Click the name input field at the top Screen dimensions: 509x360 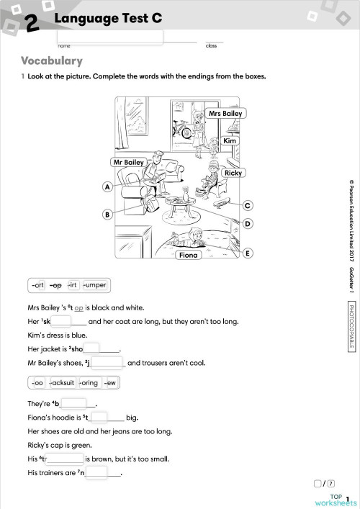pyautogui.click(x=109, y=37)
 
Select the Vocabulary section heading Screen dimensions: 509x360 pyautogui.click(x=52, y=61)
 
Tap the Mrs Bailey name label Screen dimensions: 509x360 pyautogui.click(x=225, y=114)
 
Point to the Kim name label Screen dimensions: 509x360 pyautogui.click(x=230, y=141)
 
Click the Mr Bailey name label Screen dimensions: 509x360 pyautogui.click(x=129, y=163)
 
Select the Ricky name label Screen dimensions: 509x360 pyautogui.click(x=233, y=173)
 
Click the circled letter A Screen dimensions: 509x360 pyautogui.click(x=107, y=187)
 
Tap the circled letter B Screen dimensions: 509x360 pyautogui.click(x=107, y=215)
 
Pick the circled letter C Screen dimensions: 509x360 pyautogui.click(x=247, y=205)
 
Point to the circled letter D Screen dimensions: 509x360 pyautogui.click(x=247, y=224)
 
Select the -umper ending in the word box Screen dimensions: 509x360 pyautogui.click(x=94, y=284)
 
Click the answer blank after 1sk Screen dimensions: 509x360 pyautogui.click(x=61, y=321)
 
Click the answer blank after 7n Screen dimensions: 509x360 pyautogui.click(x=96, y=472)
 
